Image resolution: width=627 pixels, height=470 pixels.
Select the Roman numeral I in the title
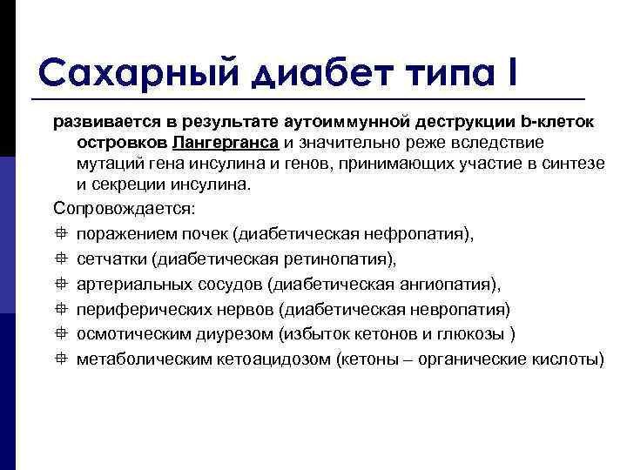tap(508, 70)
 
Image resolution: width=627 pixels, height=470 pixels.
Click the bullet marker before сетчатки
tap(59, 259)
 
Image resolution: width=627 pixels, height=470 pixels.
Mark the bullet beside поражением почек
tap(59, 234)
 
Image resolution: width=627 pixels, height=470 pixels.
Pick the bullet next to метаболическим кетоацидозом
tap(59, 360)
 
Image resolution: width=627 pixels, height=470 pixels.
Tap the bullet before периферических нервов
tap(59, 310)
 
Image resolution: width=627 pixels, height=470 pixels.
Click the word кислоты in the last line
tap(565, 360)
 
